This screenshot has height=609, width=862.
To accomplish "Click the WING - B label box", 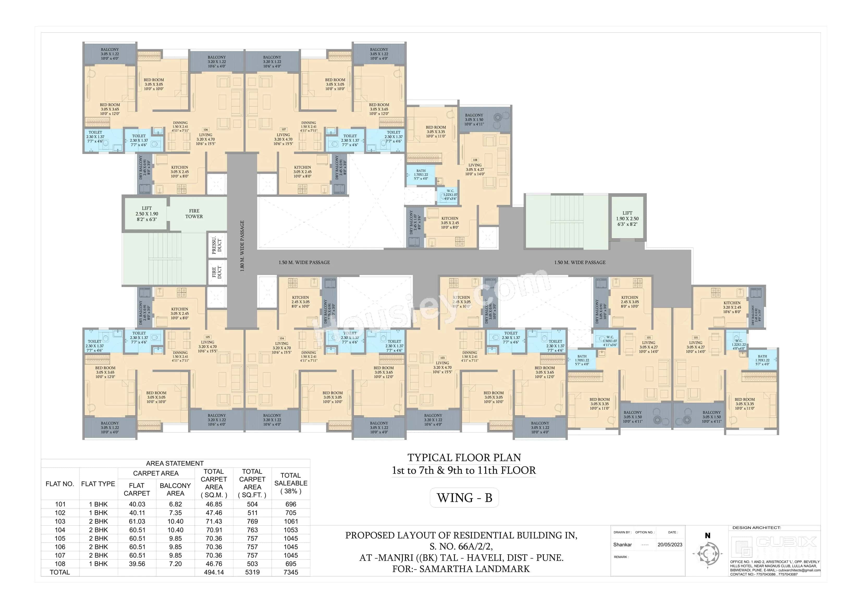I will coord(464,498).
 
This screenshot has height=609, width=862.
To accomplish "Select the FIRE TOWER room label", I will coord(194,214).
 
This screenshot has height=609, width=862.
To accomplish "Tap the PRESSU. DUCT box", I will coord(217,245).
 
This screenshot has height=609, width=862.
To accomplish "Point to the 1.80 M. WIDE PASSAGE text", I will coord(242,246).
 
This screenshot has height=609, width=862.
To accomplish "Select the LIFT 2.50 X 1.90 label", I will coord(147,214).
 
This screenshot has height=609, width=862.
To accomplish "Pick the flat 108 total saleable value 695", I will coord(291,564).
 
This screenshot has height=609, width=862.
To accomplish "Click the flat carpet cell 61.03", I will coord(137,521).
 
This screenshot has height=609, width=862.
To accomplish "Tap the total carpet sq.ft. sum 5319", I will coord(252,572).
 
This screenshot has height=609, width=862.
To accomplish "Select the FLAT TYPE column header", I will coord(98,484).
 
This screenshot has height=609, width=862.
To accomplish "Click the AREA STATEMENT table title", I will coord(175,463).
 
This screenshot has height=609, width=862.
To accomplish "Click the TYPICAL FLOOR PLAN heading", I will coord(464,457).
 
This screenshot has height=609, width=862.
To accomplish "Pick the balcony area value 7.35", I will coord(175,513).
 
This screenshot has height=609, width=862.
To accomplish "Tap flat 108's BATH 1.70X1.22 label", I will coord(421,174).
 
